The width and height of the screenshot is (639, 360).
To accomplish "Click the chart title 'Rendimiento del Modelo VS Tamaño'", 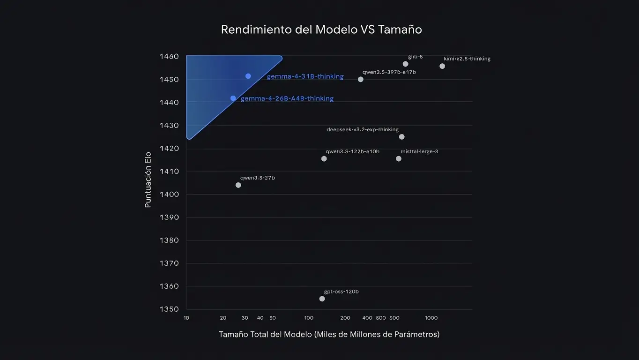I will [x=321, y=30].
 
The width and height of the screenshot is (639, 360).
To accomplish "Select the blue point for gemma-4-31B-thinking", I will [x=248, y=76].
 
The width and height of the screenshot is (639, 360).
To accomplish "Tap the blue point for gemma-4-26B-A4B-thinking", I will [x=233, y=98].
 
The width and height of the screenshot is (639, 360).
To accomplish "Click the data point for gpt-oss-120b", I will [x=322, y=299].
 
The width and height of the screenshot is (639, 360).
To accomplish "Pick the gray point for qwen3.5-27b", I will [x=238, y=185].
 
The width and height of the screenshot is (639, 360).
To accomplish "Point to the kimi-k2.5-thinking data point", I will [x=442, y=66].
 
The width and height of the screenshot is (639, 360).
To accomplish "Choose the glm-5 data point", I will [x=406, y=64].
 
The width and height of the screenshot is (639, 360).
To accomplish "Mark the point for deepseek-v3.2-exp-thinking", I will [x=401, y=137].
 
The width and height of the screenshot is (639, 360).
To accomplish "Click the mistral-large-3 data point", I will [x=399, y=158].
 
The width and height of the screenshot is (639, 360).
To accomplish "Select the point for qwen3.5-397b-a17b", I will [x=361, y=79].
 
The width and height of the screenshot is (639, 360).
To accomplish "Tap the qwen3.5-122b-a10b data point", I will [x=324, y=158].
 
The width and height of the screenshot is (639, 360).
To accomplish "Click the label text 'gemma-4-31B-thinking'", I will [x=305, y=76].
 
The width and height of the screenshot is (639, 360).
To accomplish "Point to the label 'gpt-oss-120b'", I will [x=342, y=292].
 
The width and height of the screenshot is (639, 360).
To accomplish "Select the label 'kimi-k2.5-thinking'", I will [x=467, y=59].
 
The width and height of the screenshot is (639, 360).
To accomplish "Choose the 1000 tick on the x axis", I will [x=431, y=318].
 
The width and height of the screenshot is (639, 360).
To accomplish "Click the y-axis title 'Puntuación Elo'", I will [x=148, y=180].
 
